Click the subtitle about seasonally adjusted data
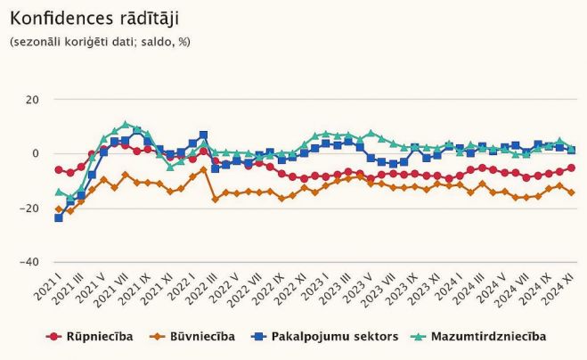click(x=100, y=41)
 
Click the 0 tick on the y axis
click(x=36, y=153)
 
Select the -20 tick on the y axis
click(x=30, y=208)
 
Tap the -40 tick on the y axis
click(x=30, y=263)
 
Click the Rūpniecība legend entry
click(x=92, y=336)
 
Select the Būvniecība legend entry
click(x=192, y=336)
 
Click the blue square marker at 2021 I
click(x=59, y=217)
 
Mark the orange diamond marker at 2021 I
click(x=59, y=210)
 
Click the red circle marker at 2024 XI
click(x=571, y=168)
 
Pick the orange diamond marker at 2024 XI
click(x=571, y=192)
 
